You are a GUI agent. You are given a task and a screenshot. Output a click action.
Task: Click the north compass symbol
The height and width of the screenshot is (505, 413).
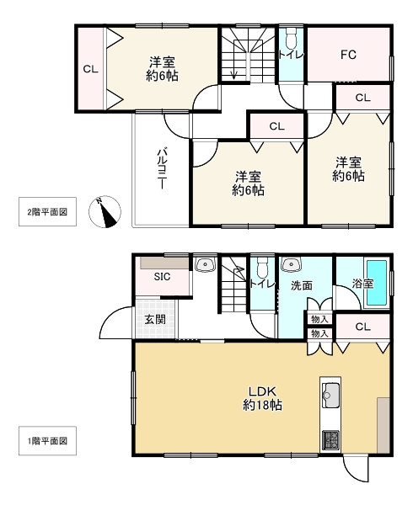coord(105,212)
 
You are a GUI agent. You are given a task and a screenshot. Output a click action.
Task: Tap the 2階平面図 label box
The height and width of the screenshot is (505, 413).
coord(47,211)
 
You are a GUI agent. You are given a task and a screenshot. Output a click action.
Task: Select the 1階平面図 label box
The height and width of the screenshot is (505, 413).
coord(47,440)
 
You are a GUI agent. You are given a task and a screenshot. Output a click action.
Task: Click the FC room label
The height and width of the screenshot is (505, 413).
coord(348,55)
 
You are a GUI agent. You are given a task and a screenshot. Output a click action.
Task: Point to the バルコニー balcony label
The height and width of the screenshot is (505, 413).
coord(162,168)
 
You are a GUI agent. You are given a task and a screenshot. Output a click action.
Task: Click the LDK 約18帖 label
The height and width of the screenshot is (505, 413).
coord(262,398)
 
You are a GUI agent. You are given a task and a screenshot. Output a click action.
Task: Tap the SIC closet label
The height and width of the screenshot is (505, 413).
coord(162,277)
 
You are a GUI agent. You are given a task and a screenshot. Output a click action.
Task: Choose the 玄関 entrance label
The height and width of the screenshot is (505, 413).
coord(155,319)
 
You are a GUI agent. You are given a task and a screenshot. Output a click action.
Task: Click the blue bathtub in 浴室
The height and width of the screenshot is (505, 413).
coord(377,283)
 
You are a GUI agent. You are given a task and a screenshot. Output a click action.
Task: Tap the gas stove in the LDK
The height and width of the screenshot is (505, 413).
coord(330,440)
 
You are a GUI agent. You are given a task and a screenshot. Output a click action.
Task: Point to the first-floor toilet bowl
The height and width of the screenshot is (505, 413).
coord(262,268)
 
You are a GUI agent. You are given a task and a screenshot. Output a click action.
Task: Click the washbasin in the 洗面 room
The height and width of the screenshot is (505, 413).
coord(291,265)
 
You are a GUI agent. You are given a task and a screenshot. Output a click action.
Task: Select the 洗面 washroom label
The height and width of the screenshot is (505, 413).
coord(302,285)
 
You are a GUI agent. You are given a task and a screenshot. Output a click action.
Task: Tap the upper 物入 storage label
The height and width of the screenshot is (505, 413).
coord(319,319)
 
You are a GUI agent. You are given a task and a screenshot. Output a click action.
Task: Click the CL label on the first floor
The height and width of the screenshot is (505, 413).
coord(362,327)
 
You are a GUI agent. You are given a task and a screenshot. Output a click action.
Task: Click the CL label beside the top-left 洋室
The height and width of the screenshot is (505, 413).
coord(90,69)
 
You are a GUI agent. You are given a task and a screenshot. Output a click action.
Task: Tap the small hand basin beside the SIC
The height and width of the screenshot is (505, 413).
coord(206,265)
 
